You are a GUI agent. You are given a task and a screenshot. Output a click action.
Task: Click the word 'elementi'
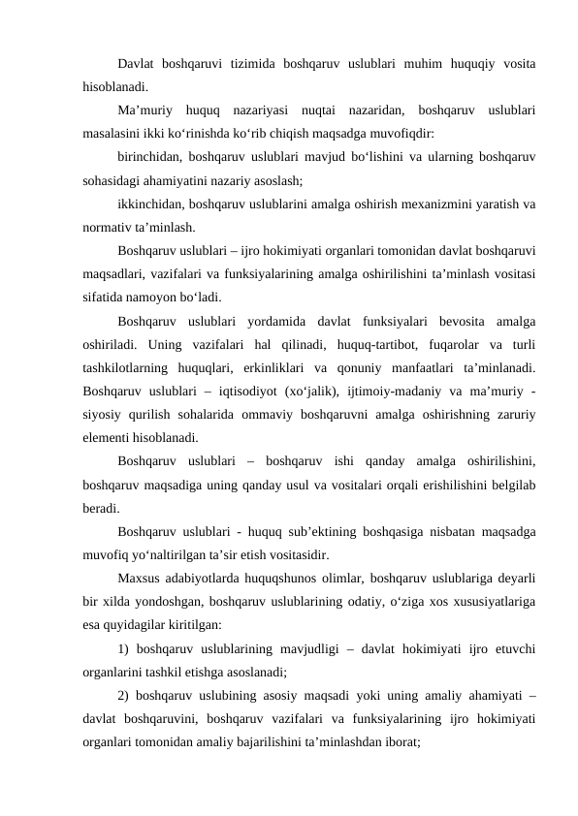click(x=111, y=436)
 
